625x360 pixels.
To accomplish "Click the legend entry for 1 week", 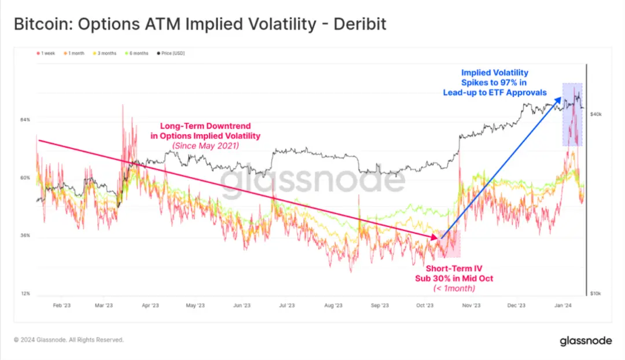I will [x=46, y=53].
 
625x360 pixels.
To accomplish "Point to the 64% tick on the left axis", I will [x=25, y=120].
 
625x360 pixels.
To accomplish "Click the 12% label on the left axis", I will [x=25, y=293].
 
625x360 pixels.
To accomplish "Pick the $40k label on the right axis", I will [x=595, y=115].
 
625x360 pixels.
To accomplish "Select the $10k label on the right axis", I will [x=595, y=293].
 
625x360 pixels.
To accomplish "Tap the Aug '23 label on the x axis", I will [x=333, y=305].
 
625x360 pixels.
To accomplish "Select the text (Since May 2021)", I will [x=205, y=146].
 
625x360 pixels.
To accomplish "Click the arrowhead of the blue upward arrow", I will [x=560, y=100].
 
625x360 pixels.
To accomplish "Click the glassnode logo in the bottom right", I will [x=586, y=340].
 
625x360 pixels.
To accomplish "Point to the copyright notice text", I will [x=68, y=340].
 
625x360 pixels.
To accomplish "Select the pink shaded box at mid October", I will [x=450, y=244].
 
